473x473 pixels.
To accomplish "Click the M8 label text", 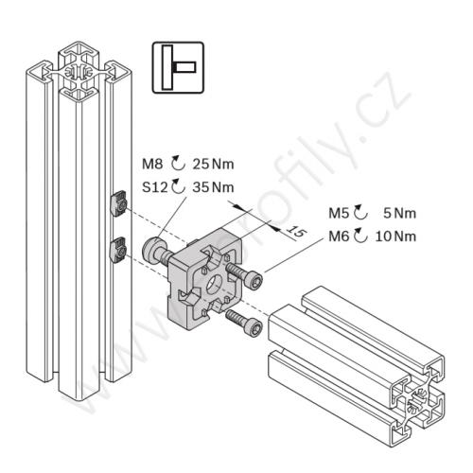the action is click(152, 164).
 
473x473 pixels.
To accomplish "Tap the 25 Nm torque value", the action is click(213, 164).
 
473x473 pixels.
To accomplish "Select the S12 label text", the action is click(154, 187).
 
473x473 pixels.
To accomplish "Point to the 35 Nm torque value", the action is click(213, 187).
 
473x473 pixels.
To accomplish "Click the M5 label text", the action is click(339, 213).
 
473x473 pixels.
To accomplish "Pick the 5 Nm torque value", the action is click(399, 213).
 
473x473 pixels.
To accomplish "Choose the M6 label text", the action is click(339, 236).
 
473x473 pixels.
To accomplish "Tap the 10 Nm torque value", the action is click(395, 236).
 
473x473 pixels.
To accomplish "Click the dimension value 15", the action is click(296, 232).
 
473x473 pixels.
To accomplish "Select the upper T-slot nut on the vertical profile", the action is click(119, 203).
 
